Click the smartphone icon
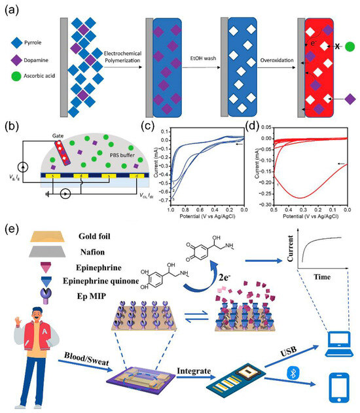click(x=339, y=387)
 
